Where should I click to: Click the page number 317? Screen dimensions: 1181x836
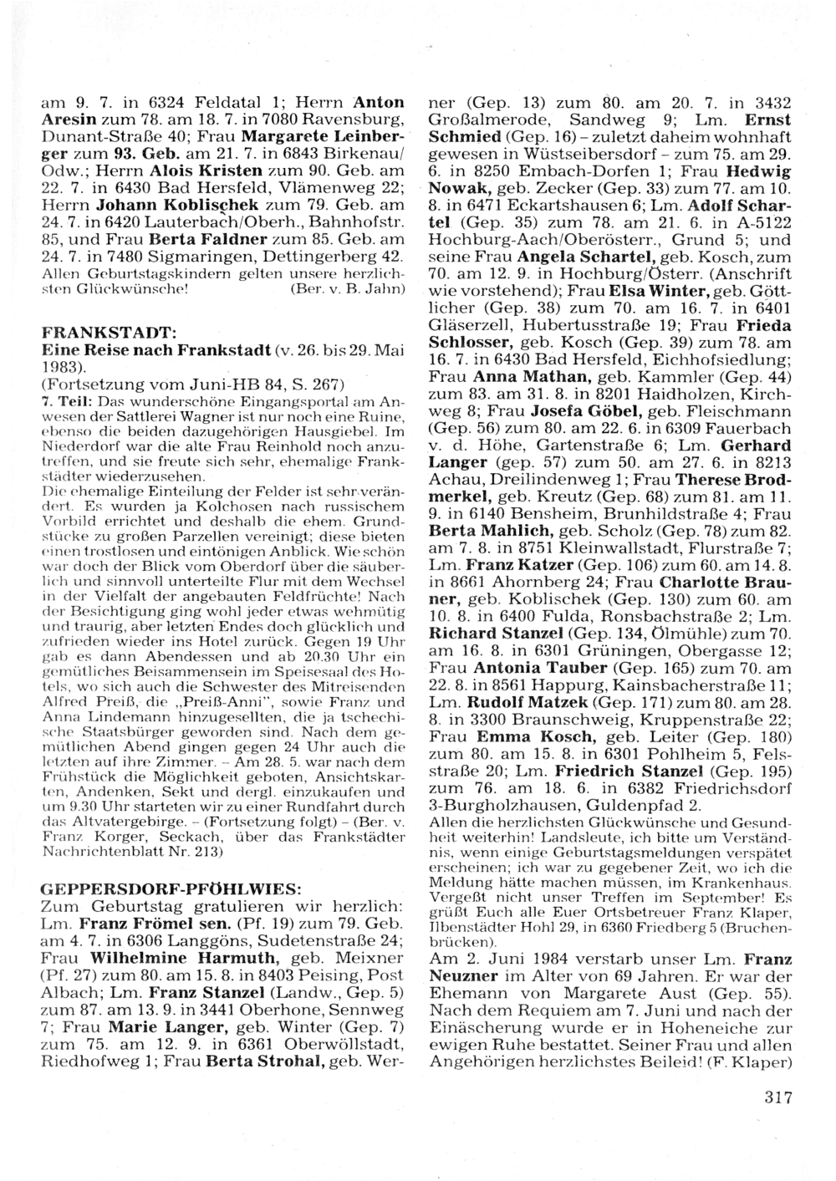click(x=777, y=1097)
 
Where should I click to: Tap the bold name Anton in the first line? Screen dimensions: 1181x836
click(x=375, y=104)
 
